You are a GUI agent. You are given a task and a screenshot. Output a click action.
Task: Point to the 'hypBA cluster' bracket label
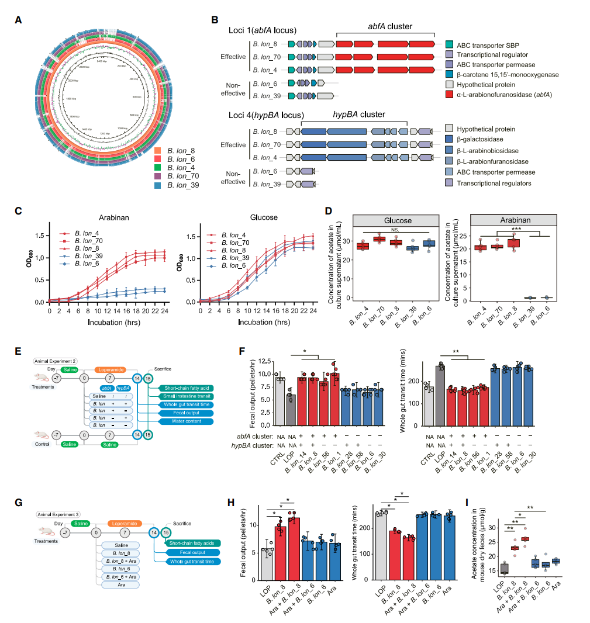353,116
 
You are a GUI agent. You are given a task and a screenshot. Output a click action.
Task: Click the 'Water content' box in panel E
178,421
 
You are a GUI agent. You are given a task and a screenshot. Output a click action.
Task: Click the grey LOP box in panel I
505,567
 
